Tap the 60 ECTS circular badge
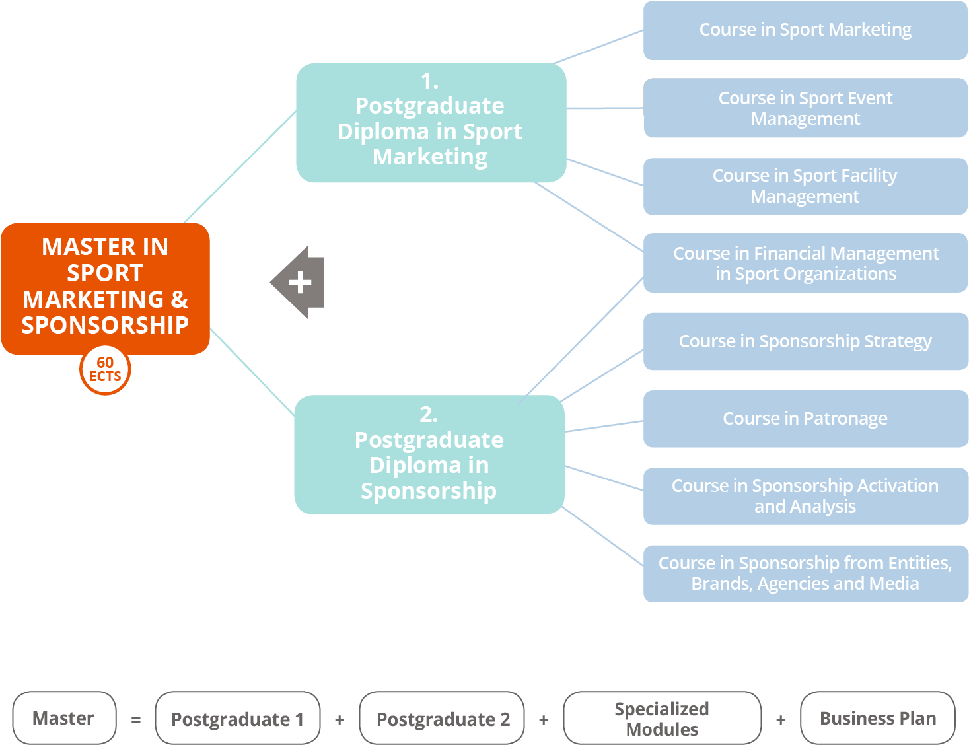point(105,370)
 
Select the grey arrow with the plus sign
point(299,283)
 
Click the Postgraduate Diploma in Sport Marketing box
point(431,123)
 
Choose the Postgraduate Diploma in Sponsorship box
point(429,454)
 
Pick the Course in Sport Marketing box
point(805,30)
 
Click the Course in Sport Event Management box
point(805,108)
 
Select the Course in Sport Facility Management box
point(805,186)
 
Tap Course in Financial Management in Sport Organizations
point(805,263)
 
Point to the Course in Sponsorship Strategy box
point(805,341)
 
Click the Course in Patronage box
point(805,419)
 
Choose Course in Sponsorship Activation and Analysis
point(805,496)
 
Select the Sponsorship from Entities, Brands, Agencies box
point(805,573)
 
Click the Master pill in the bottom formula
point(64,718)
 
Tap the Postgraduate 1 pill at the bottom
point(237,719)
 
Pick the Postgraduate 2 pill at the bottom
point(442,719)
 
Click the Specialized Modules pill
point(662,719)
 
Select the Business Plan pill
point(877,719)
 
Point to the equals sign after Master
point(136,720)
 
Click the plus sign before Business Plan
point(781,720)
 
